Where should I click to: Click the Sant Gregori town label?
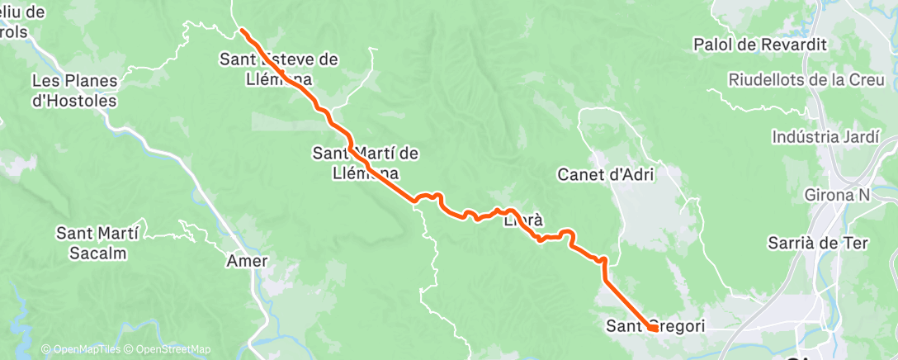pyautogui.click(x=655, y=326)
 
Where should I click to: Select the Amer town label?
pyautogui.click(x=248, y=261)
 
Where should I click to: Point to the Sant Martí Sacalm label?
pyautogui.click(x=92, y=243)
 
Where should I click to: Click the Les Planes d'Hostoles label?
pyautogui.click(x=73, y=92)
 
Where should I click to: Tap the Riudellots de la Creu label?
pyautogui.click(x=806, y=80)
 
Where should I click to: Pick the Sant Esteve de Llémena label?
pyautogui.click(x=278, y=69)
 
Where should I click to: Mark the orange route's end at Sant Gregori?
pyautogui.click(x=652, y=329)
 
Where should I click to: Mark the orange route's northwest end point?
pyautogui.click(x=242, y=31)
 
